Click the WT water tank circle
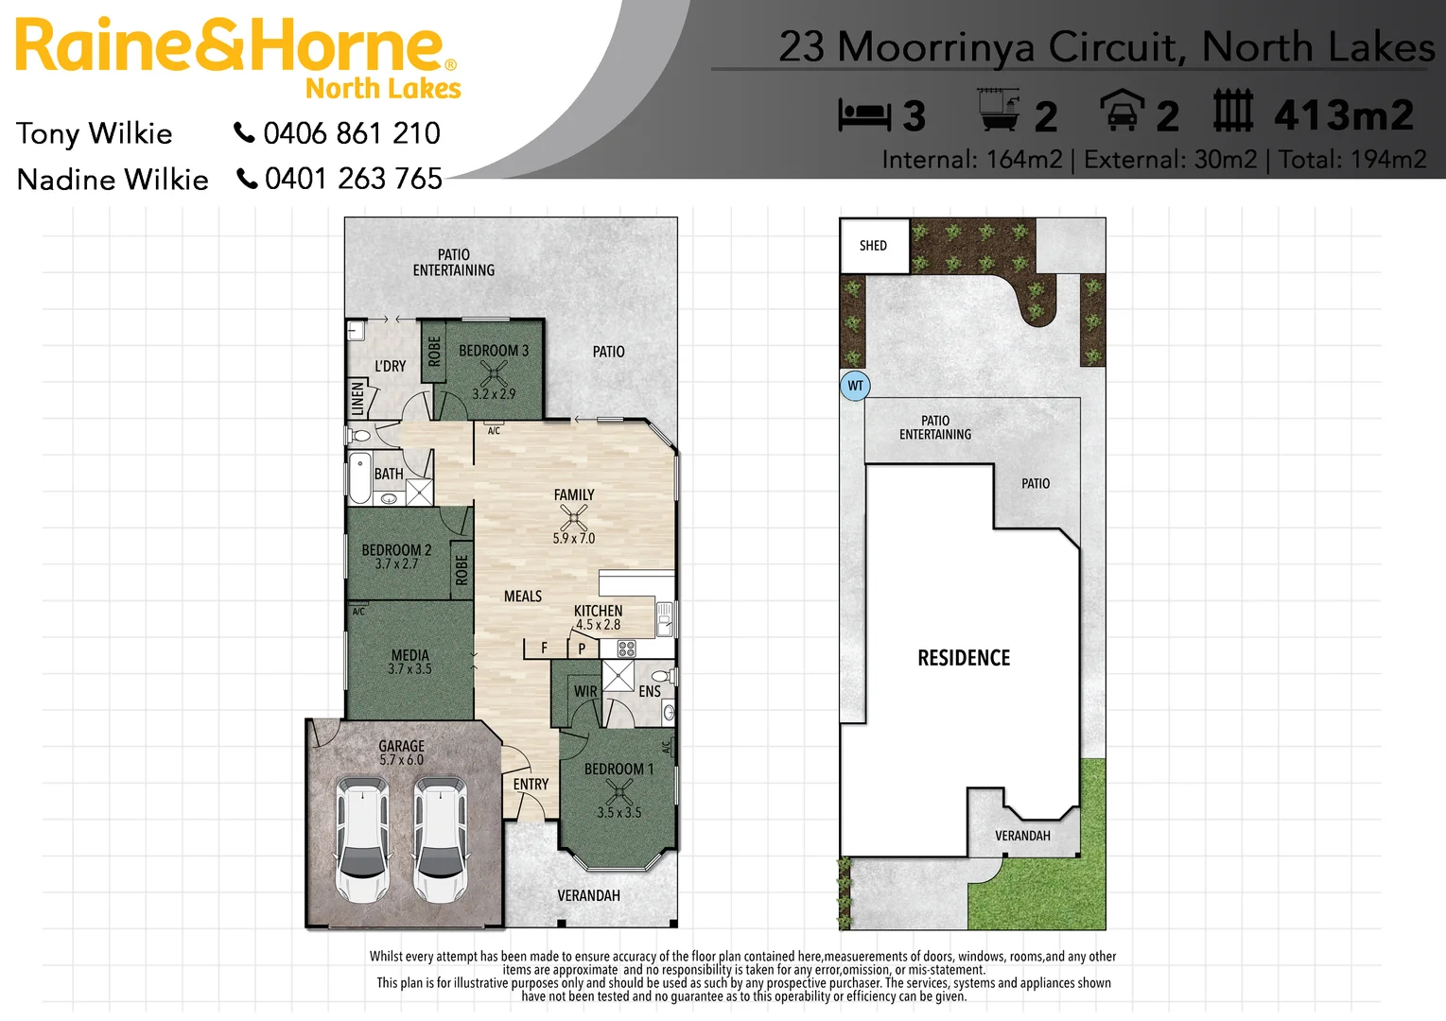click(855, 386)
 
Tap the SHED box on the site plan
click(874, 246)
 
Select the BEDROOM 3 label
click(493, 351)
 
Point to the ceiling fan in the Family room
click(574, 517)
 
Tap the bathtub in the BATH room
click(360, 478)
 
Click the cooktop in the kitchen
click(626, 649)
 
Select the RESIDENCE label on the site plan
click(964, 658)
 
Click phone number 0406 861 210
click(351, 133)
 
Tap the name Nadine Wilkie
click(113, 180)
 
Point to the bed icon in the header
click(864, 115)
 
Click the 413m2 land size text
click(1344, 116)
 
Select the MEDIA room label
click(409, 655)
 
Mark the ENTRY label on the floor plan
click(531, 785)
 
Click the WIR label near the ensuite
click(585, 692)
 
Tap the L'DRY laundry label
click(390, 367)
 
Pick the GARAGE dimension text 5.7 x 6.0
click(401, 760)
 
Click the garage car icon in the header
click(1123, 112)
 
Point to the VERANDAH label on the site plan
click(1022, 836)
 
